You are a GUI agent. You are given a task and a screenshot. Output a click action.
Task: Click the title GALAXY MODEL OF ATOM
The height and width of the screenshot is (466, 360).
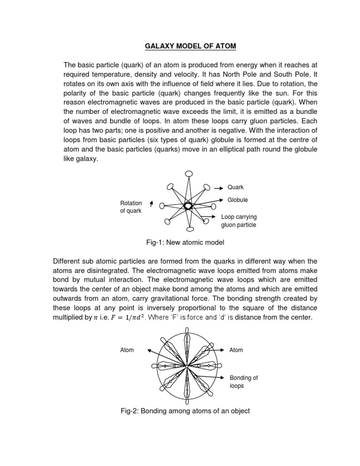pyautogui.click(x=180, y=46)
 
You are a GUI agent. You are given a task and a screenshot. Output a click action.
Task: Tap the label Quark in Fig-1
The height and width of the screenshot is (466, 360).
pyautogui.click(x=236, y=187)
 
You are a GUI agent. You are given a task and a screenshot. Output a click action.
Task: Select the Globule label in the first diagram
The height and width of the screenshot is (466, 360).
pyautogui.click(x=238, y=200)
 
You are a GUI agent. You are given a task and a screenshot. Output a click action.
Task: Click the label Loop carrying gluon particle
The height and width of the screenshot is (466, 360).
pyautogui.click(x=239, y=221)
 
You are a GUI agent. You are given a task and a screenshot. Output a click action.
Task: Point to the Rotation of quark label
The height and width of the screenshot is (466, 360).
pyautogui.click(x=131, y=207)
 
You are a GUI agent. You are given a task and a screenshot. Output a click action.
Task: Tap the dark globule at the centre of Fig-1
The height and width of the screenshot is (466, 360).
pyautogui.click(x=187, y=206)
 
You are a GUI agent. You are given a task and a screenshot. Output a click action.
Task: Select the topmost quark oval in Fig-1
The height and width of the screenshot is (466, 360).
pyautogui.click(x=189, y=174)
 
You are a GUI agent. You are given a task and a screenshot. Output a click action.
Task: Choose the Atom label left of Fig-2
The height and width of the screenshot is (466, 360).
pyautogui.click(x=127, y=350)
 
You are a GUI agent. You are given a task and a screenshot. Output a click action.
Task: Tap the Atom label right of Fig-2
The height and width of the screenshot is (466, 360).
pyautogui.click(x=236, y=350)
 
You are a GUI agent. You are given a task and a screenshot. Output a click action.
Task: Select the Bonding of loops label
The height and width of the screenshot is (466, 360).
pyautogui.click(x=243, y=382)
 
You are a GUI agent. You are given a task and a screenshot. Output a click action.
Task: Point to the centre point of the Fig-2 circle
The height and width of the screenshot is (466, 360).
pyautogui.click(x=187, y=366)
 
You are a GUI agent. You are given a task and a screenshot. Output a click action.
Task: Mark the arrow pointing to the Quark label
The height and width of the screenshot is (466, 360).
pyautogui.click(x=218, y=188)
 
